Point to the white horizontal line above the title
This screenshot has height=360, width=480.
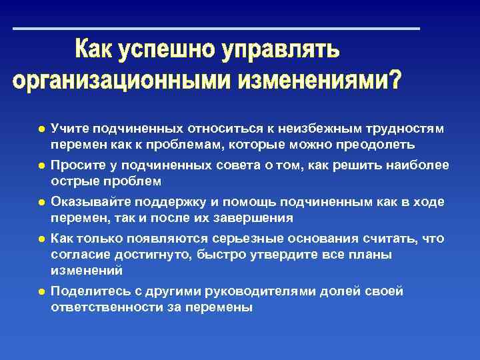[217, 29]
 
